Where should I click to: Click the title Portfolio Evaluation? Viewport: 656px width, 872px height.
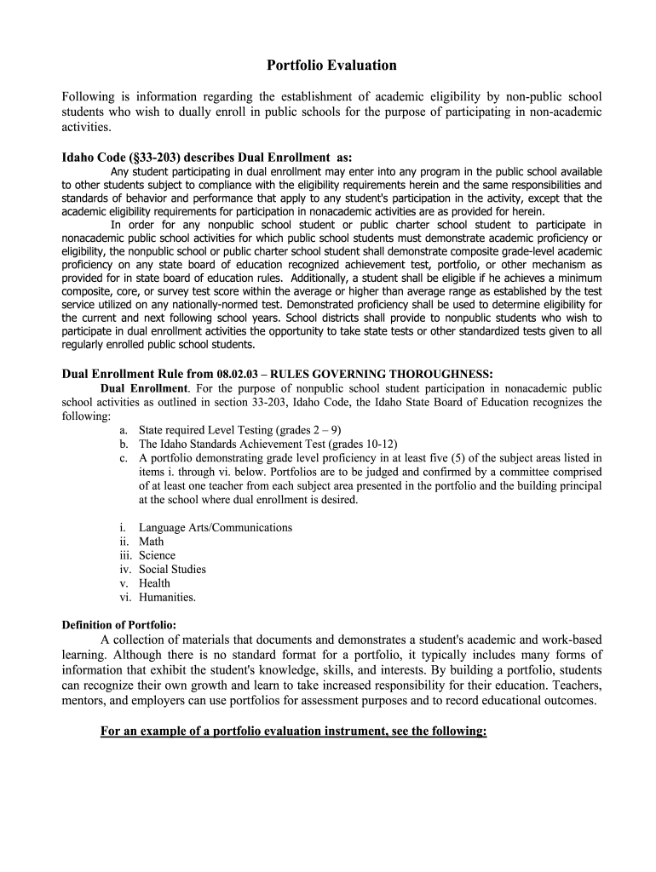pos(331,66)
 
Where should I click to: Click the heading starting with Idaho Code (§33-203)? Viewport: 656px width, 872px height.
pos(206,158)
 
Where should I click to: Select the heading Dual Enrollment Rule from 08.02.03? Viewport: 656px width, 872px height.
pos(277,374)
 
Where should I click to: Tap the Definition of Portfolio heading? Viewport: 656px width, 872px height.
pos(119,625)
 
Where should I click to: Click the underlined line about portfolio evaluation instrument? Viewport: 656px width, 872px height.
pos(293,731)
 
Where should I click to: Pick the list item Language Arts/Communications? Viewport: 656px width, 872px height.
pos(216,528)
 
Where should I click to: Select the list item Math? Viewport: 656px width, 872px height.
pos(152,542)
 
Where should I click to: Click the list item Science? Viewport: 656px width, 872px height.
pos(158,555)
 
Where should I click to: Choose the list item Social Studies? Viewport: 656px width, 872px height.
pos(172,569)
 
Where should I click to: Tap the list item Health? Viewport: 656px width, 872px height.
pos(154,583)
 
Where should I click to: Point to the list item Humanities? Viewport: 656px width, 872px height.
pos(167,597)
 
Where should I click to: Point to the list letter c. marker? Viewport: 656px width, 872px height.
pos(124,458)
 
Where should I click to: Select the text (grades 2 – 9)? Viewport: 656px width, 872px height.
pos(308,430)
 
